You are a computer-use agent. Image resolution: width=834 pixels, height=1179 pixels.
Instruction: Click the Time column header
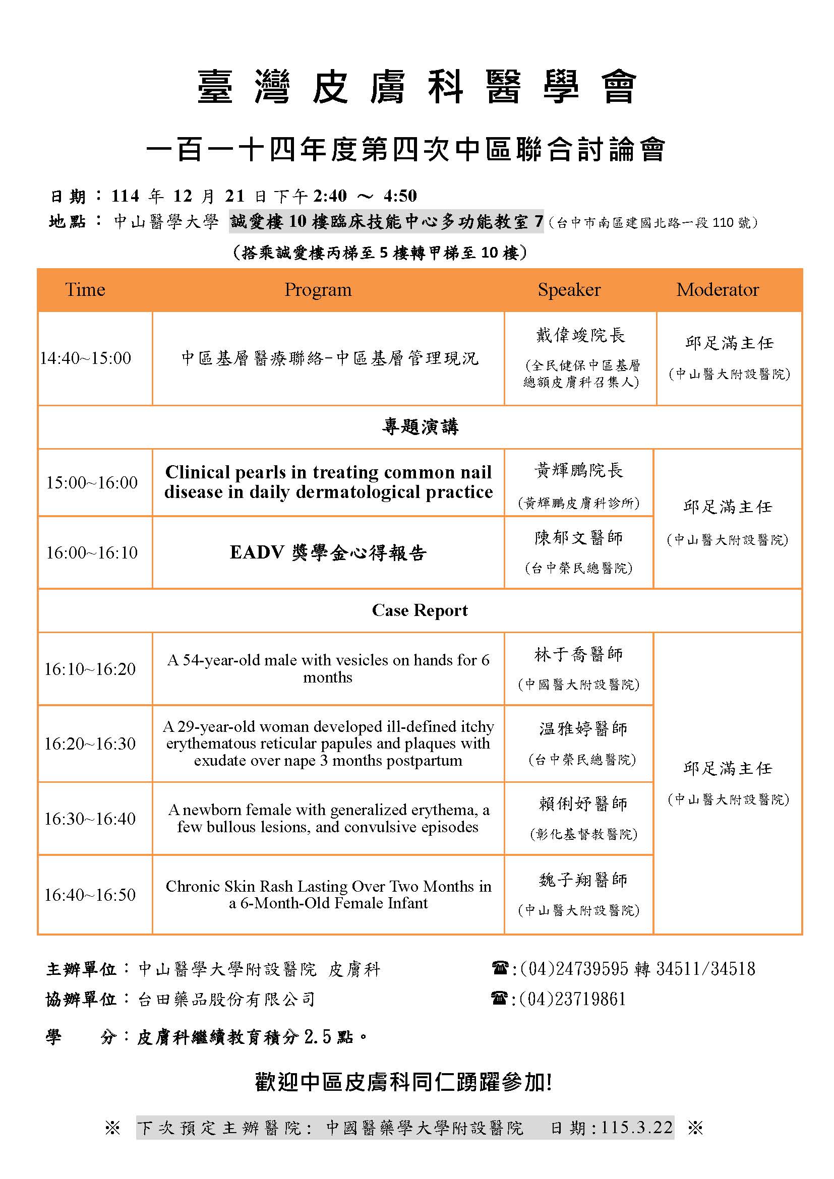[x=85, y=290]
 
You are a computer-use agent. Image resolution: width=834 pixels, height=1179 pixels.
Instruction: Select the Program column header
[x=318, y=290]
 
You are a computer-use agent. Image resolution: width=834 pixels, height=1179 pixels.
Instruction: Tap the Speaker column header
[x=569, y=290]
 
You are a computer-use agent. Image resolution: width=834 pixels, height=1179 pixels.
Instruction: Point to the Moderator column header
[x=718, y=290]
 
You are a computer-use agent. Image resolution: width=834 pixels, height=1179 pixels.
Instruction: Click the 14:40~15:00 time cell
[x=86, y=358]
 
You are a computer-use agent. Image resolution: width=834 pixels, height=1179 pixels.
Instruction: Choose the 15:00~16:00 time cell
[x=92, y=483]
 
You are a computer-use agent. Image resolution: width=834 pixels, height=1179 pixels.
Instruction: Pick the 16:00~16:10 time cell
[x=92, y=552]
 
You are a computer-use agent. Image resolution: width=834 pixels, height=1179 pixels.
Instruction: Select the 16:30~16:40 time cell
[x=90, y=819]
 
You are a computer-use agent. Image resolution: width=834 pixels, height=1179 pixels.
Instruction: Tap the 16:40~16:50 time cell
[x=90, y=895]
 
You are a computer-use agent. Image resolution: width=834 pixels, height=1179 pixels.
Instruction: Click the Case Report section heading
[x=420, y=610]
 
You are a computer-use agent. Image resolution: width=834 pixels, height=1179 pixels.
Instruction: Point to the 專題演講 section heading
[x=420, y=427]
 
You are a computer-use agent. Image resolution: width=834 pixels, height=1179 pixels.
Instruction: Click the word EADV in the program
[x=257, y=552]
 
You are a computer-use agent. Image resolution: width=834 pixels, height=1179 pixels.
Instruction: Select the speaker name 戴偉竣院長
[x=580, y=336]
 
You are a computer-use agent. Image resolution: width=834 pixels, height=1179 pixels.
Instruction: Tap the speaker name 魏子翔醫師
[x=583, y=880]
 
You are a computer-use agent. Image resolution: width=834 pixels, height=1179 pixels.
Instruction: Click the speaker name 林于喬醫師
[x=579, y=655]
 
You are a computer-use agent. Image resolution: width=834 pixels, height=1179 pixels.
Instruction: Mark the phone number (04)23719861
[x=573, y=999]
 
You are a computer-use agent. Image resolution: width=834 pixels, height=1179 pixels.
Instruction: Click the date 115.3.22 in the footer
[x=637, y=1128]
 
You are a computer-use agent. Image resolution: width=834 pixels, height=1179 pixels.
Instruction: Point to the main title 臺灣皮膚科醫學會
[x=416, y=87]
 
